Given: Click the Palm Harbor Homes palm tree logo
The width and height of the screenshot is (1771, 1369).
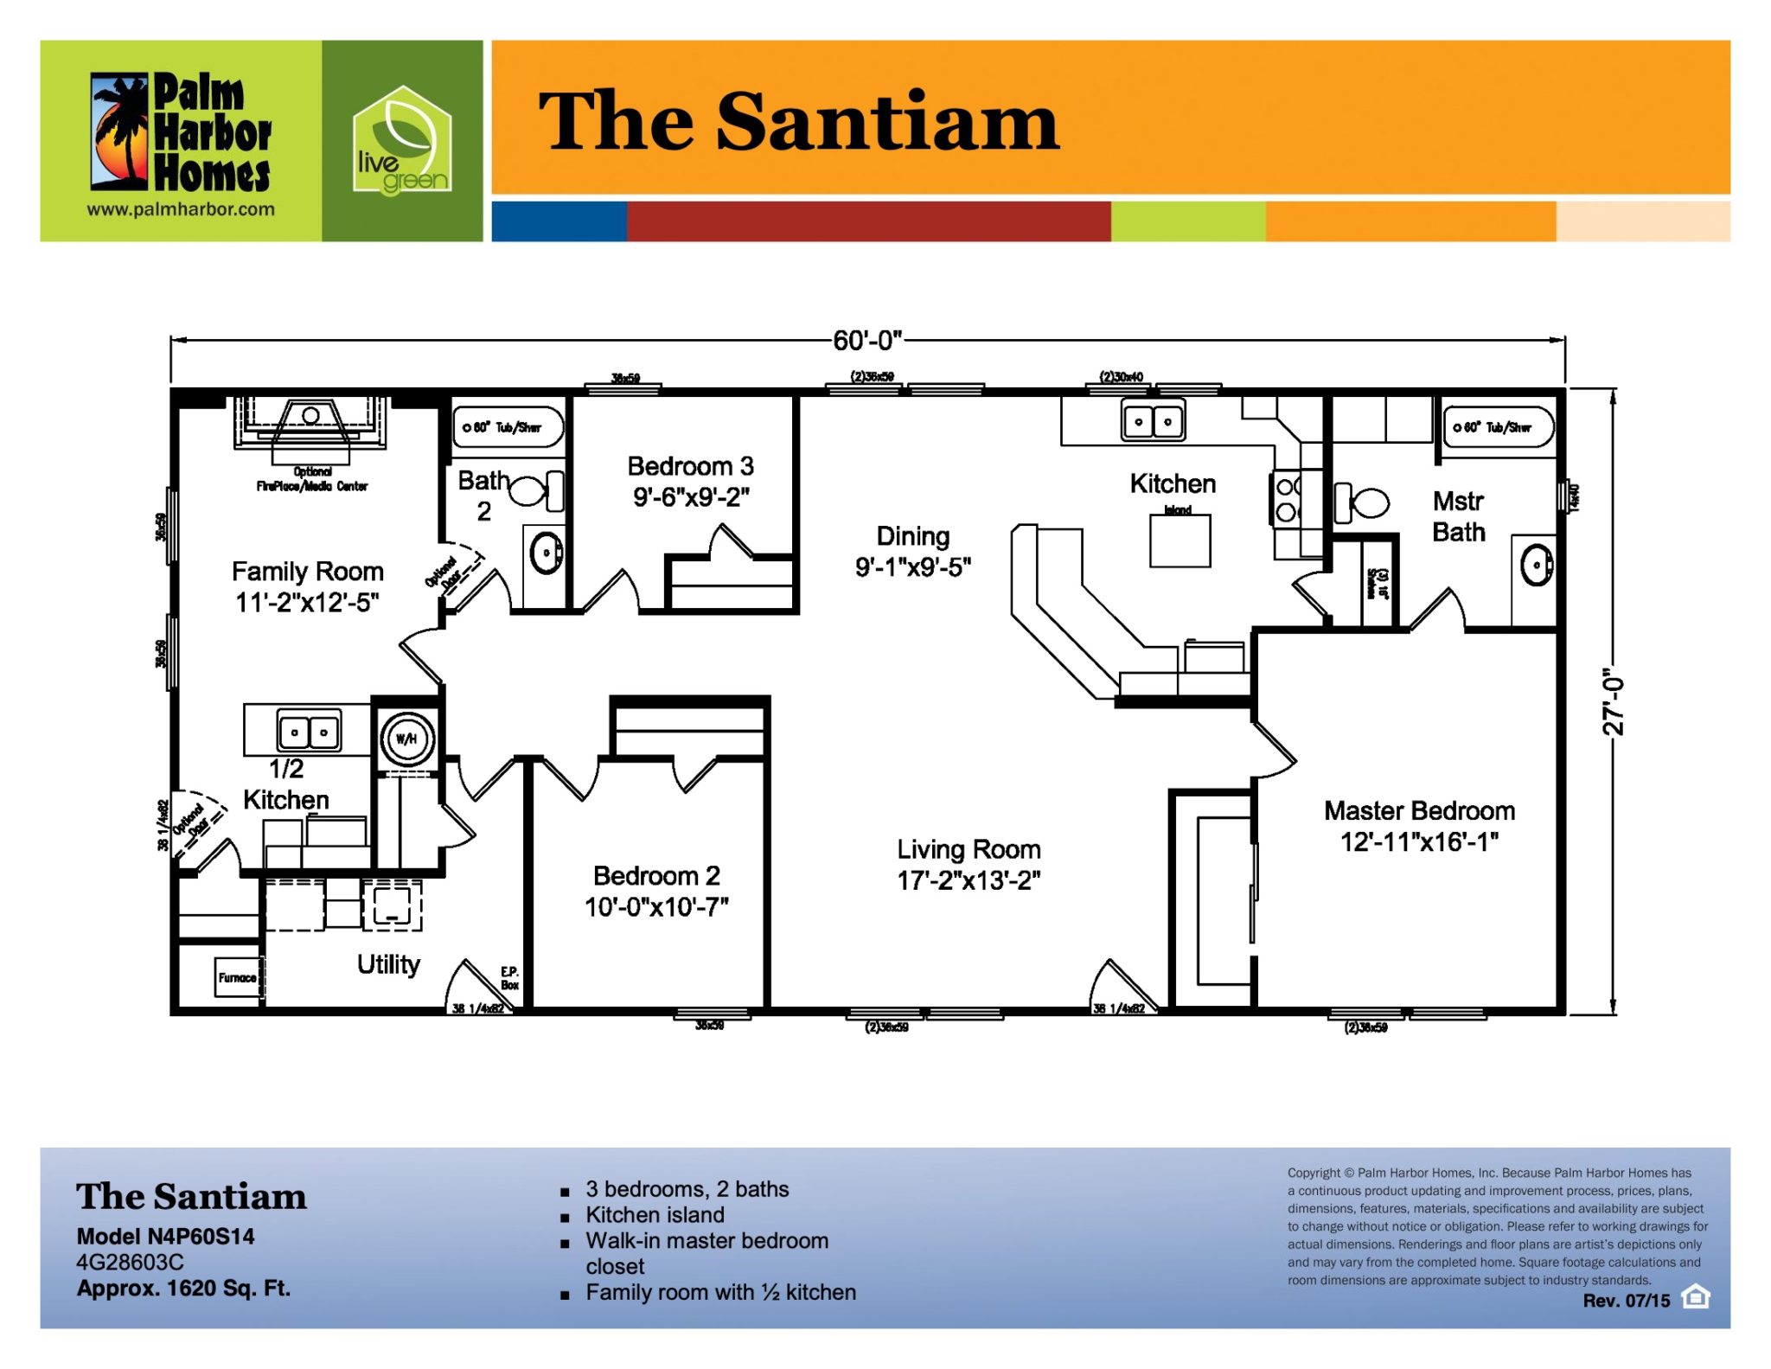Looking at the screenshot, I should [121, 132].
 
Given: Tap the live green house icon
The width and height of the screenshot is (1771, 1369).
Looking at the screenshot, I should [401, 141].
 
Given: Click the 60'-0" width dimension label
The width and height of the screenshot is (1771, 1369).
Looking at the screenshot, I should [866, 341].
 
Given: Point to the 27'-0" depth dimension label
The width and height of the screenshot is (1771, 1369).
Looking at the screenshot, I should [1614, 701].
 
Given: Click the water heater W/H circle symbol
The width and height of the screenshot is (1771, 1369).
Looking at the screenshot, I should [406, 739].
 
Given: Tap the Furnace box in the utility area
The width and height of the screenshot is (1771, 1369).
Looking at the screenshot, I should [237, 977].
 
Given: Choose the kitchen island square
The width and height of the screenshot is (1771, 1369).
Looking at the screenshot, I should [1180, 541].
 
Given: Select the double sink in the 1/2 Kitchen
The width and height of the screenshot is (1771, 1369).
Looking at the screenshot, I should [309, 732].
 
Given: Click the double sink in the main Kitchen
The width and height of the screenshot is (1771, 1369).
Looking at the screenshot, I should [1153, 422].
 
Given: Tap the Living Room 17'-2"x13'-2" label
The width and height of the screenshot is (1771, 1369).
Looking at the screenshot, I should [969, 865].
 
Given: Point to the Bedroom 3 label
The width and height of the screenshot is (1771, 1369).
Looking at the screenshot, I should [690, 467].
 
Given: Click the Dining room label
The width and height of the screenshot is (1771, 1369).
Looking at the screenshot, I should [912, 536].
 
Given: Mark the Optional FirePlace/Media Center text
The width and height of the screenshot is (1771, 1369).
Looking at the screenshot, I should [312, 479].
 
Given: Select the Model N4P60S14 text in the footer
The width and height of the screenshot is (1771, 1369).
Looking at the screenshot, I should [165, 1237].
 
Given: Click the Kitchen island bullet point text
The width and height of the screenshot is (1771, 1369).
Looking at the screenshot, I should [655, 1215].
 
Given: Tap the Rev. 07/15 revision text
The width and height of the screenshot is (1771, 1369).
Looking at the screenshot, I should [1626, 1301].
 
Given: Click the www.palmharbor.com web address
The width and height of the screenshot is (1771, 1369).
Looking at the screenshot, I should [181, 209].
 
